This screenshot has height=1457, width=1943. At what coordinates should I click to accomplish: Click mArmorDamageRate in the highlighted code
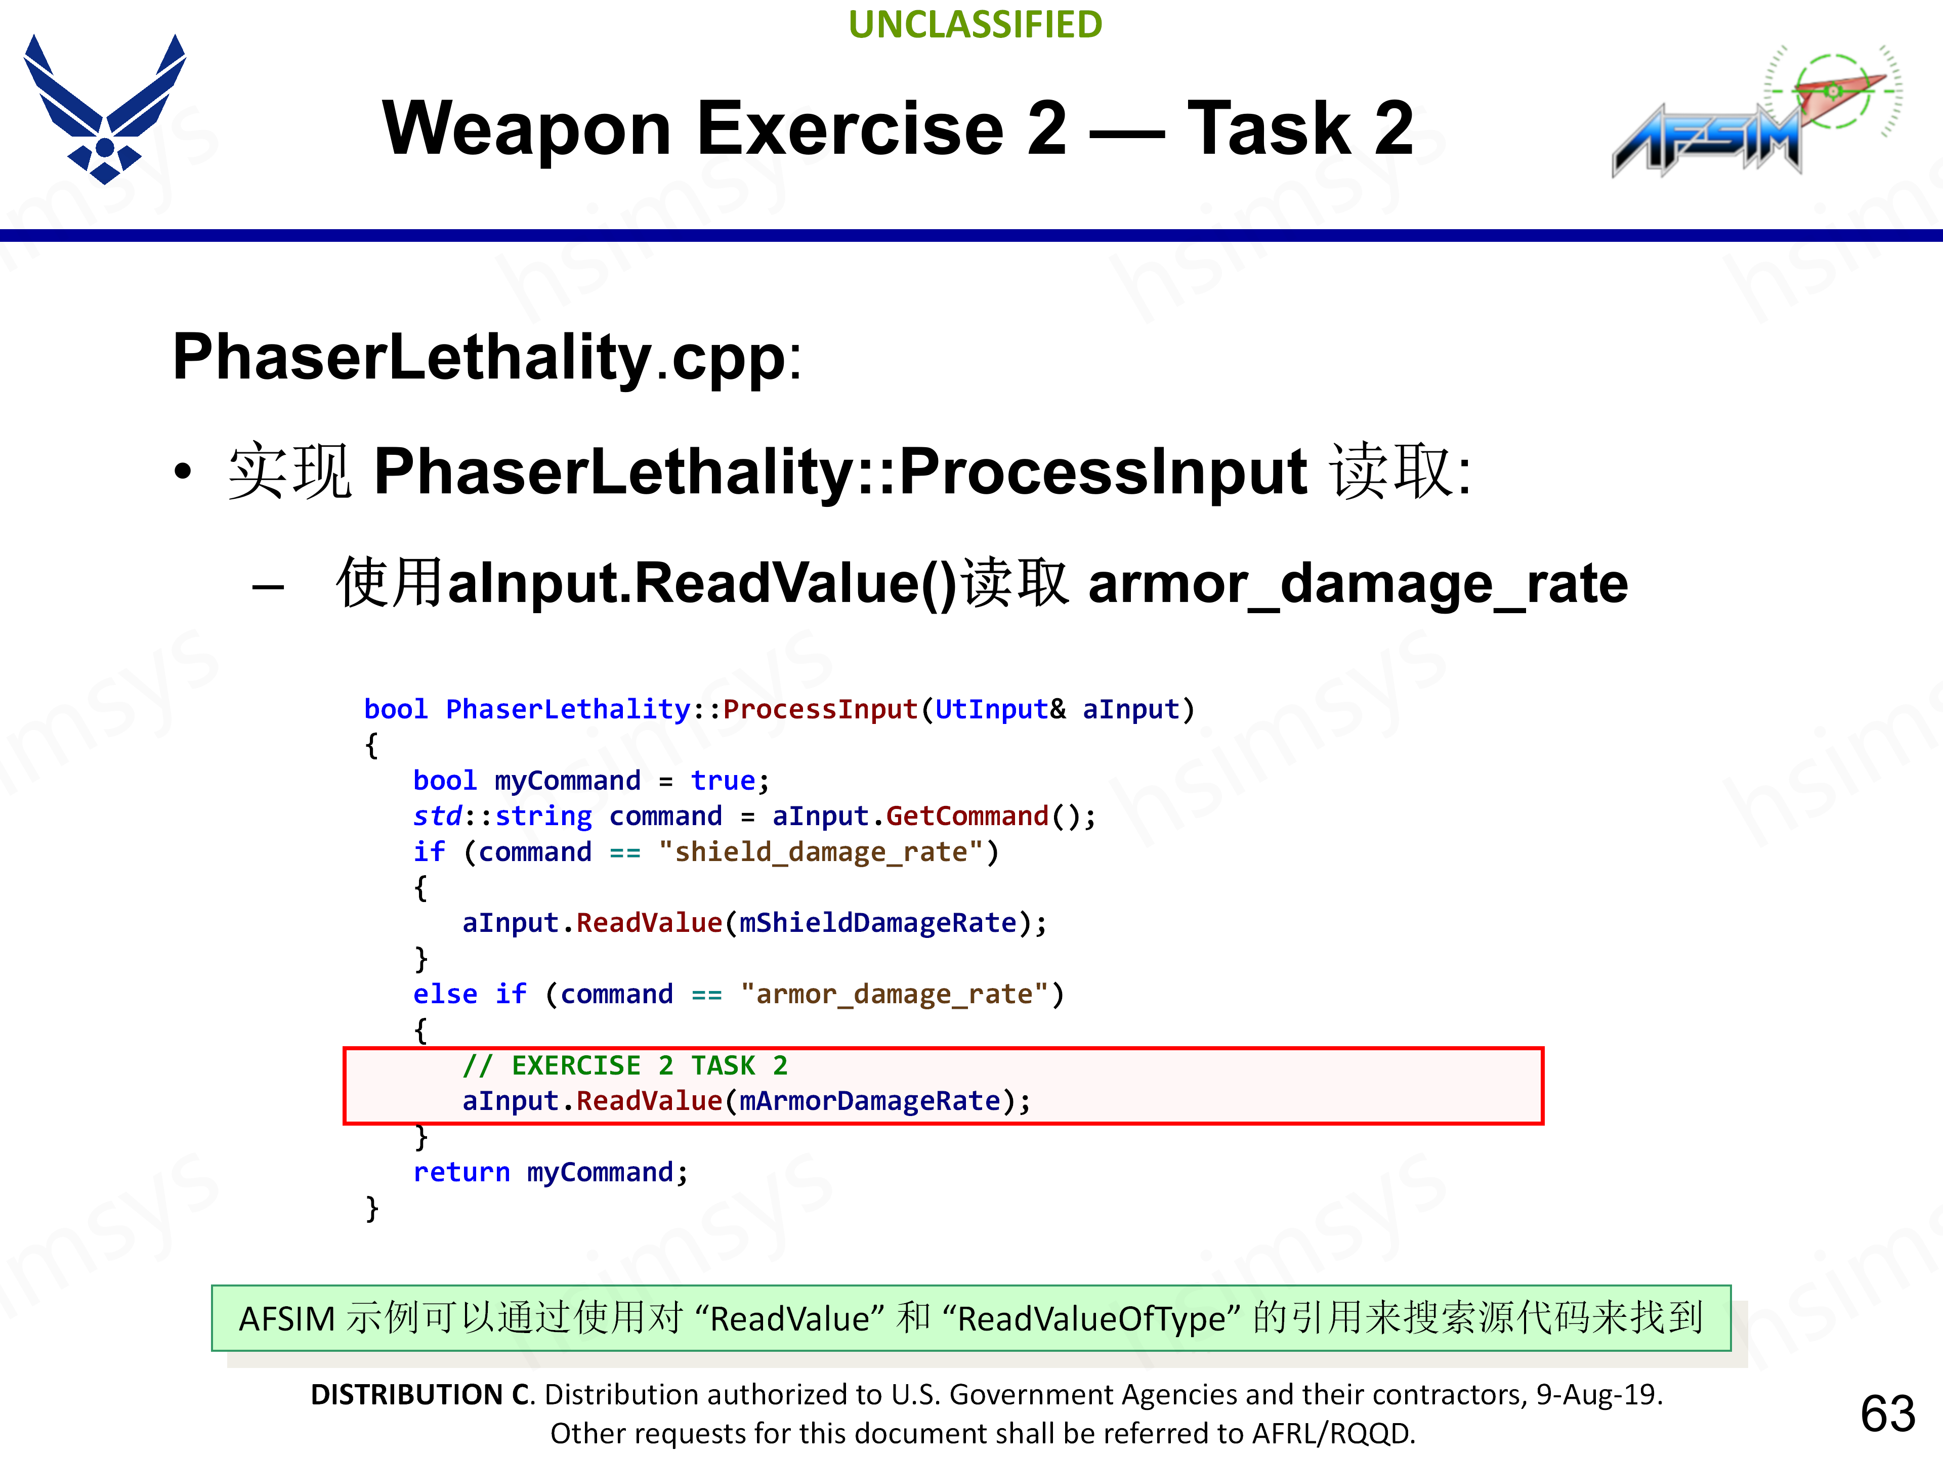click(870, 1101)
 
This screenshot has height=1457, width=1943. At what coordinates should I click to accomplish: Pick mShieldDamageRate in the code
click(877, 923)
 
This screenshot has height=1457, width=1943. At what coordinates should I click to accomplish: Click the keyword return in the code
click(461, 1173)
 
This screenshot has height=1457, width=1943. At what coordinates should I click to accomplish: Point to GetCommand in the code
click(966, 817)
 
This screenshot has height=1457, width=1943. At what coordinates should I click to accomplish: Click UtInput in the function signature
click(991, 710)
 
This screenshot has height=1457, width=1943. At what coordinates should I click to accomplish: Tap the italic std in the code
click(437, 817)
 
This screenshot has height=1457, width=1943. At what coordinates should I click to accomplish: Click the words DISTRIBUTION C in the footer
click(421, 1395)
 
